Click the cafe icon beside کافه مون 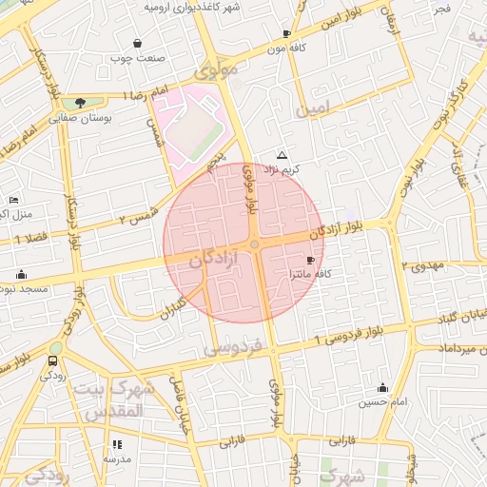286,34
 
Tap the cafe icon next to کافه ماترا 310,260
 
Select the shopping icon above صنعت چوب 138,43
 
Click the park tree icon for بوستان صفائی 80,103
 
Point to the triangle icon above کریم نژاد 281,154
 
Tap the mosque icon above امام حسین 382,387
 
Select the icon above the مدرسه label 118,444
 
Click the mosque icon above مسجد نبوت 21,275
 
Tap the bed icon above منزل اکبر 13,200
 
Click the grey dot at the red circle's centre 254,245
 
